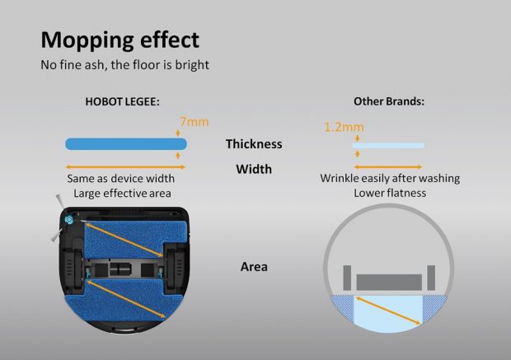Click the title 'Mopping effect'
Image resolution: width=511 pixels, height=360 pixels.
[x=120, y=40]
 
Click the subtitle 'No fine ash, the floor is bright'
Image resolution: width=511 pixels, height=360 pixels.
[x=124, y=65]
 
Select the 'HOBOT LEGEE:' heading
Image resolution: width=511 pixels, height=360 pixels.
[x=123, y=101]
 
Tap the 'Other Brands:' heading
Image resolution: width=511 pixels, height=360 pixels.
[x=389, y=101]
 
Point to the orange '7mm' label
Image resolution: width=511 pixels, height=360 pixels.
[x=195, y=122]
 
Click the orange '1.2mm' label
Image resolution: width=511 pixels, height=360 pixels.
[x=345, y=127]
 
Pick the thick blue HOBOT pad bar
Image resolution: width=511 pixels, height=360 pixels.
[x=126, y=144]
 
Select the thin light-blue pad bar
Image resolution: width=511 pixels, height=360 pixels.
[x=388, y=145]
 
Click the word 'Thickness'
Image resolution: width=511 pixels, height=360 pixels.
[x=254, y=144]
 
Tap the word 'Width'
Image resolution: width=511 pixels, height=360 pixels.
[x=254, y=169]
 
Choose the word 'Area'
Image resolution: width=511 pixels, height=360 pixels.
[x=254, y=267]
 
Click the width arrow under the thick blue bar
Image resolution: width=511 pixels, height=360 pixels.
[x=125, y=167]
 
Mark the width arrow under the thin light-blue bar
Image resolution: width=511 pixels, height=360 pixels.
[x=388, y=167]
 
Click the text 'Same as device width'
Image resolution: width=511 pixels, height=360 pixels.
[x=121, y=179]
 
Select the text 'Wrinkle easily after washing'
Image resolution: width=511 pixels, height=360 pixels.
[x=390, y=178]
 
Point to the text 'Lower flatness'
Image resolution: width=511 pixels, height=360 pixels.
[x=390, y=194]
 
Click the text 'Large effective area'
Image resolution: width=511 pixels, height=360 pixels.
[x=122, y=194]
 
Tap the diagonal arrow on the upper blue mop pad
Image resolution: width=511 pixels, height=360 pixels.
[x=124, y=240]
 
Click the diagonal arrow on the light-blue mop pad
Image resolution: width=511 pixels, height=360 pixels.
[x=388, y=311]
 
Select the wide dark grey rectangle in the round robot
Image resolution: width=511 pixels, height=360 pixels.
[x=389, y=282]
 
